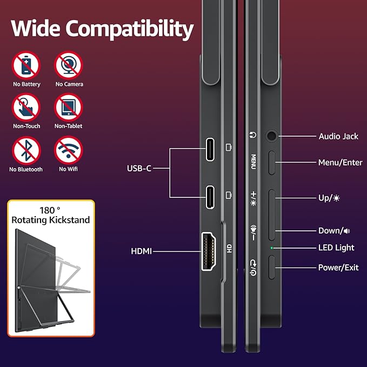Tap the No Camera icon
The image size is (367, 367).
coord(69,65)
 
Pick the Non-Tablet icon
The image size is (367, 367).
coord(69,108)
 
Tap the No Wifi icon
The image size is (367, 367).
coord(69,150)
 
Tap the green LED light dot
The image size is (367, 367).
coord(272,248)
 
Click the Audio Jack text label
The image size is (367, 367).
coord(338,136)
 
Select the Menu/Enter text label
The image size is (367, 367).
coord(340,162)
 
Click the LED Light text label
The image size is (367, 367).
coord(336,248)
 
